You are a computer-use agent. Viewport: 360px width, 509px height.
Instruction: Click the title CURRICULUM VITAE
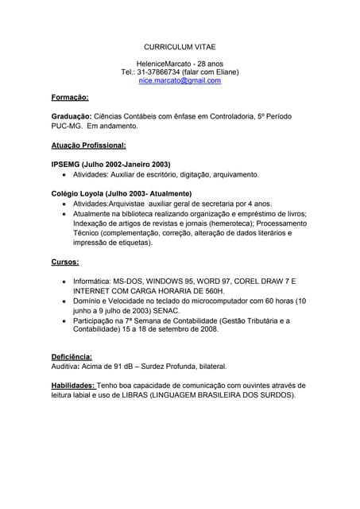[180, 48]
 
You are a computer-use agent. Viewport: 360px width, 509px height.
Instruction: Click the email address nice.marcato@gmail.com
[180, 80]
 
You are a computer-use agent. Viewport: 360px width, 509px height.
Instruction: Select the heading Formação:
[70, 97]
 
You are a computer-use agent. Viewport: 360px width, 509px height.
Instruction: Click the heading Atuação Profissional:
[88, 146]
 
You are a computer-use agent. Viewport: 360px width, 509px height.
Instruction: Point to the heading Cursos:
[65, 261]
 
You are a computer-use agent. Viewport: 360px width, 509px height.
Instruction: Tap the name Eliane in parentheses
[221, 71]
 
